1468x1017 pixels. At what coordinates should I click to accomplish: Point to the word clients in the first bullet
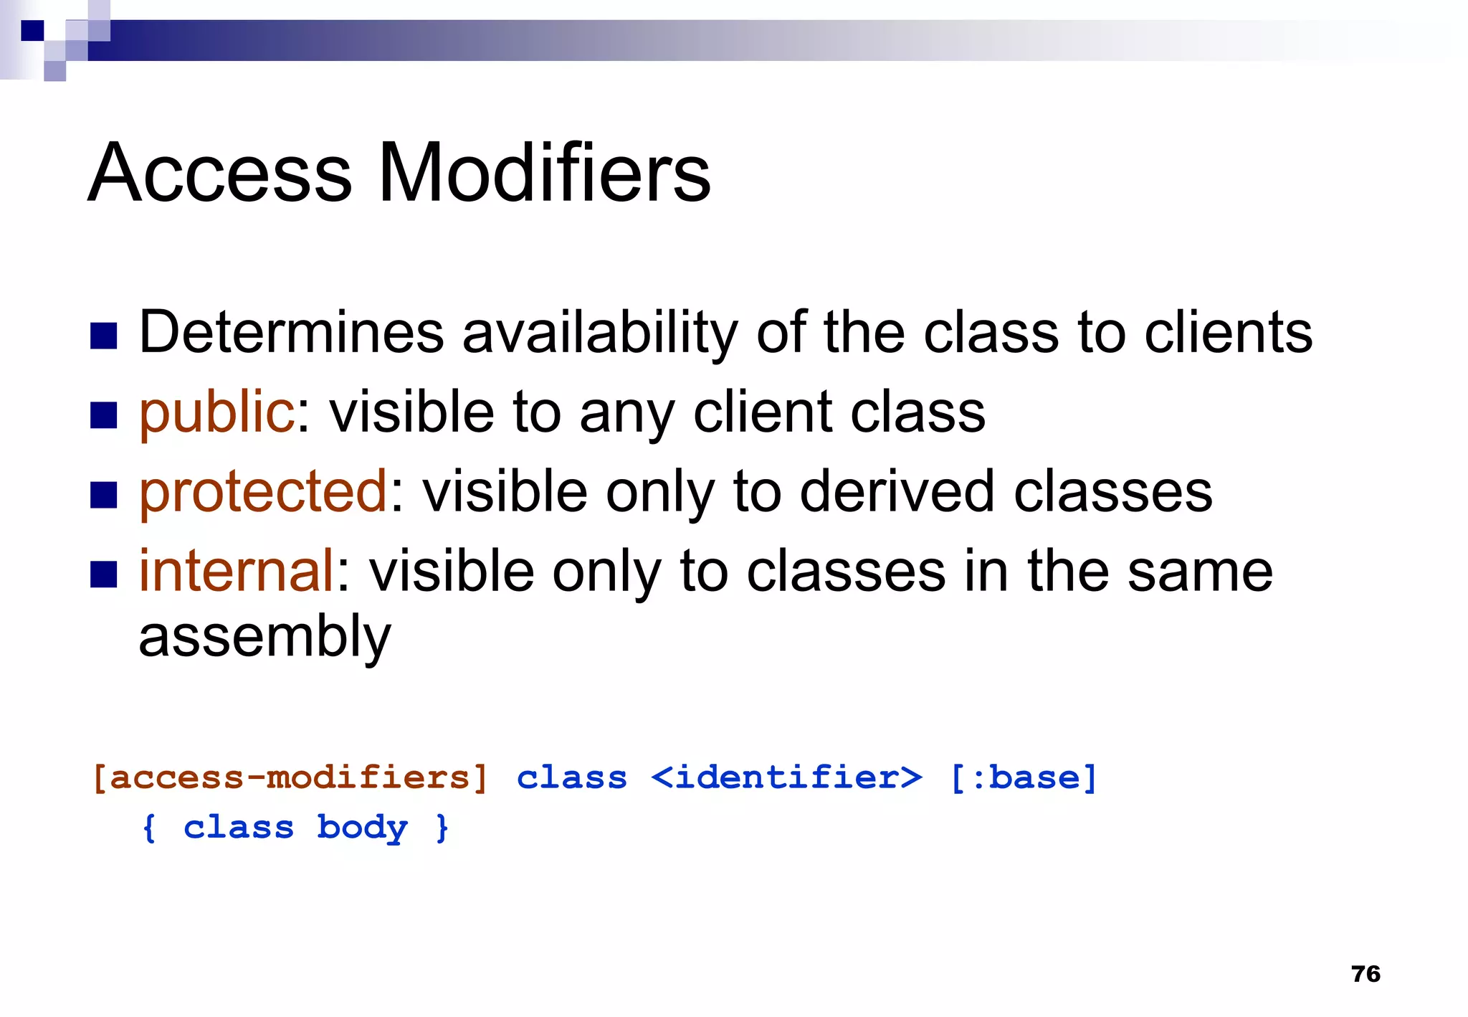point(1228,332)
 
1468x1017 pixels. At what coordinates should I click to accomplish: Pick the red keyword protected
point(263,492)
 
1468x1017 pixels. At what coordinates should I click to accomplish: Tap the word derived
point(897,492)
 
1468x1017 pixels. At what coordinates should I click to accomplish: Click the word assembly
point(264,637)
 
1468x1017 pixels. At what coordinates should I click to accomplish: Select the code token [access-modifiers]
point(290,777)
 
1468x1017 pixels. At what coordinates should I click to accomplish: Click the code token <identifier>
point(786,777)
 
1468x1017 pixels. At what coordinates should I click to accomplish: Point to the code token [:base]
point(1024,777)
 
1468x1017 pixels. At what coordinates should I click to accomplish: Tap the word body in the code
point(362,828)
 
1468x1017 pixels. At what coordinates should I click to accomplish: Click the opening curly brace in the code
point(149,828)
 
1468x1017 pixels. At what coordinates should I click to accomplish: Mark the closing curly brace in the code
point(442,828)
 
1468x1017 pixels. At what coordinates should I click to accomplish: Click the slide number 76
point(1365,974)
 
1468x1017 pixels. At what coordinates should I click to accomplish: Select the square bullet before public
point(104,415)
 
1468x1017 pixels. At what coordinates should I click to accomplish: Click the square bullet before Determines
point(104,336)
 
